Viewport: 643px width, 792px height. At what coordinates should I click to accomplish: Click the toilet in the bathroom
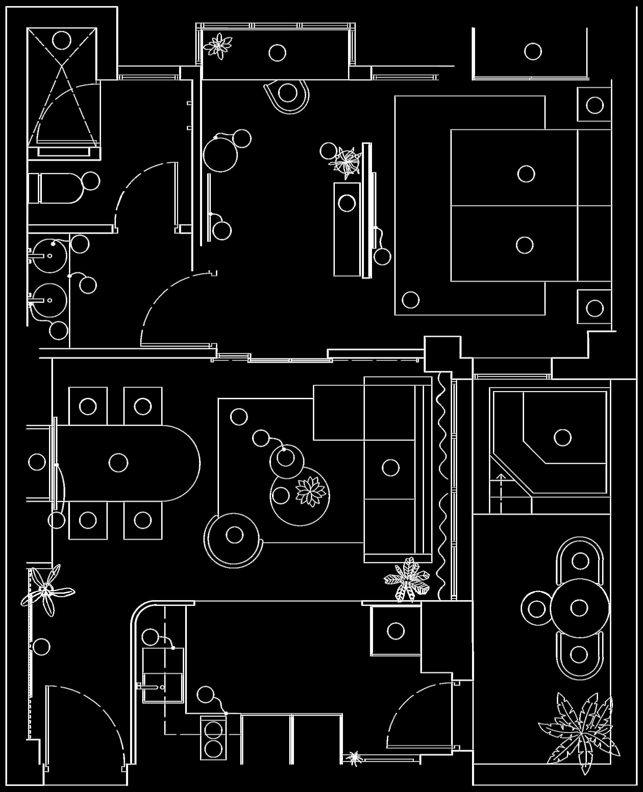[55, 188]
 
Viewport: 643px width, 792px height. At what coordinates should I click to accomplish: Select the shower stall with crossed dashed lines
[62, 87]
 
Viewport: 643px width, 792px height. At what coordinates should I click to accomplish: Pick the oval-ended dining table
[126, 463]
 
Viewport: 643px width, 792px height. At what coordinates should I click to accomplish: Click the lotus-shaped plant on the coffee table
[311, 491]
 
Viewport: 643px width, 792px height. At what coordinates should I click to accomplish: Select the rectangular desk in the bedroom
[347, 229]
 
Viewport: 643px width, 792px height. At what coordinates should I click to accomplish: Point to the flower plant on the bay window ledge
[219, 46]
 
